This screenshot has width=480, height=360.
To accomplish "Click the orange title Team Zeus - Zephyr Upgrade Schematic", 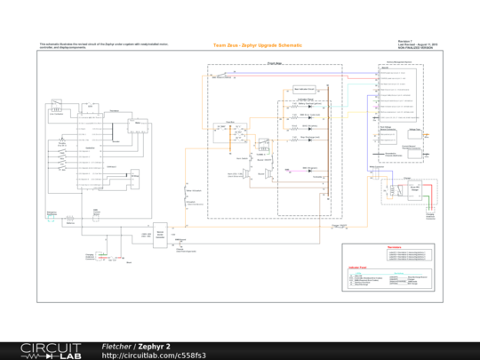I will pos(257,44).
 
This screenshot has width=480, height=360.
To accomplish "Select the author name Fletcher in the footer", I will pos(116,346).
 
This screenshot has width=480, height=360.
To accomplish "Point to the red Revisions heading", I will pos(396,245).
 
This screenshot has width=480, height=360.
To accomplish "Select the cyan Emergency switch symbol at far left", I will pos(52,214).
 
